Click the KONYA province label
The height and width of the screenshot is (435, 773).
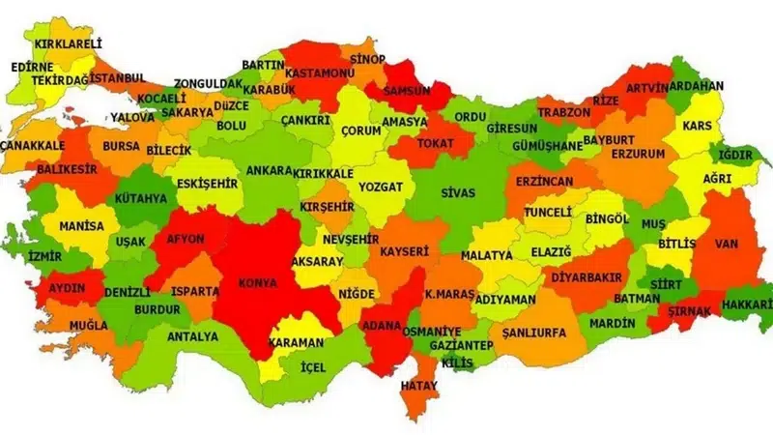pyautogui.click(x=257, y=284)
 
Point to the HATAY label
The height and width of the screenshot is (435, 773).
pyautogui.click(x=420, y=385)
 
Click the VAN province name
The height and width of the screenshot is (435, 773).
pyautogui.click(x=727, y=245)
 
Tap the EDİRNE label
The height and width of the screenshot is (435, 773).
pyautogui.click(x=34, y=68)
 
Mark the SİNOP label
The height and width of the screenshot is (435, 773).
pyautogui.click(x=367, y=60)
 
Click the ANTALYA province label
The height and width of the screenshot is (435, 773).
pyautogui.click(x=192, y=337)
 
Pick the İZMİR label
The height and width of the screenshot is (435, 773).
pyautogui.click(x=44, y=256)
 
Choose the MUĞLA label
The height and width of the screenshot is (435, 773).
pyautogui.click(x=89, y=326)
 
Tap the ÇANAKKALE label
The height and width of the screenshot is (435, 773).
pyautogui.click(x=32, y=144)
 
